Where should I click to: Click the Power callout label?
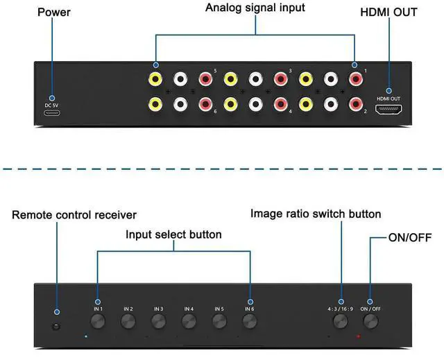click(x=53, y=11)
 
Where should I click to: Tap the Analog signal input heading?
click(x=256, y=8)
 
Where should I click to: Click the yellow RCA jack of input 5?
click(x=155, y=79)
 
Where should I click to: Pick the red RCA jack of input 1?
click(x=355, y=79)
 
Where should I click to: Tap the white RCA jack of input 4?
click(x=255, y=105)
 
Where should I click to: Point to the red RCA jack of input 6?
click(x=205, y=105)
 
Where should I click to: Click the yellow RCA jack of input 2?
click(x=305, y=105)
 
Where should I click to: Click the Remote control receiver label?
click(x=74, y=215)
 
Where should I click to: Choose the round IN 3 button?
click(x=158, y=320)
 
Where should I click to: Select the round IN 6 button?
click(x=250, y=320)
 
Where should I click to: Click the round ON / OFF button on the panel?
click(x=370, y=320)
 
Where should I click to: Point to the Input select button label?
click(x=173, y=234)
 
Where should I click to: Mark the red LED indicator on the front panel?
click(x=358, y=336)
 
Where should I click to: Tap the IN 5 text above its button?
click(x=219, y=309)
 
